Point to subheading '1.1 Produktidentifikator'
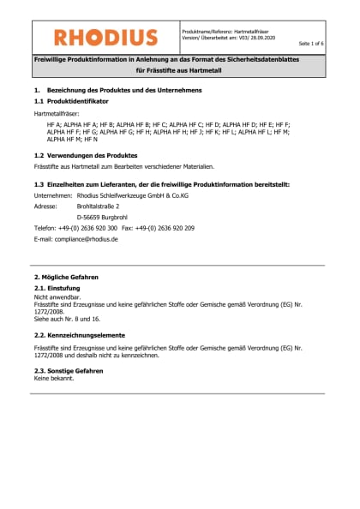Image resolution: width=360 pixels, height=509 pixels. pyautogui.click(x=71, y=101)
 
